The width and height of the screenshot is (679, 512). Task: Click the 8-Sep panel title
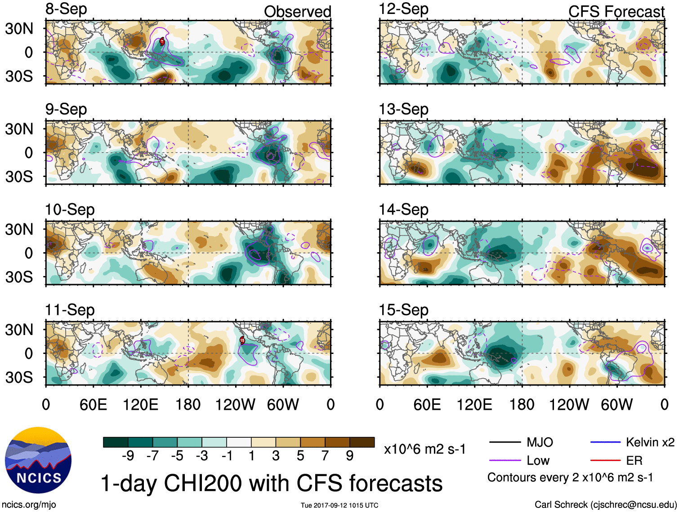(x=66, y=9)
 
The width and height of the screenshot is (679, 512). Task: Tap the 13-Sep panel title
(x=403, y=109)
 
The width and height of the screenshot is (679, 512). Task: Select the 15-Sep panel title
(x=403, y=310)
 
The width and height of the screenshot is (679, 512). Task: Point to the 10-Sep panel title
(x=70, y=210)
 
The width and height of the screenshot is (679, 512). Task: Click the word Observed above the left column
(x=297, y=12)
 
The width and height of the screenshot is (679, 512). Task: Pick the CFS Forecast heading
(x=616, y=12)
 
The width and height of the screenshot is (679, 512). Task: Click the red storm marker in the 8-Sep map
(x=162, y=42)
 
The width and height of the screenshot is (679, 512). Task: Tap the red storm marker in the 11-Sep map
(x=242, y=340)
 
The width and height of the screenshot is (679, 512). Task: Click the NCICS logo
(x=38, y=460)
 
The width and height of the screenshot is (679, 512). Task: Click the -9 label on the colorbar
(x=128, y=456)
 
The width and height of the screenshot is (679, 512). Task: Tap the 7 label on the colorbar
(x=325, y=456)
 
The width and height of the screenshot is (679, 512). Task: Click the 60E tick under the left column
(x=93, y=404)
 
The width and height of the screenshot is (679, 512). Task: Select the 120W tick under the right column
(x=569, y=404)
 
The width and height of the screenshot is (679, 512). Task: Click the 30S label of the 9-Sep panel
(x=19, y=177)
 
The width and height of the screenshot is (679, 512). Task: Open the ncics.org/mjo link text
(x=29, y=505)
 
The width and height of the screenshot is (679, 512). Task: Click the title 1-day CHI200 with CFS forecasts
(x=271, y=483)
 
